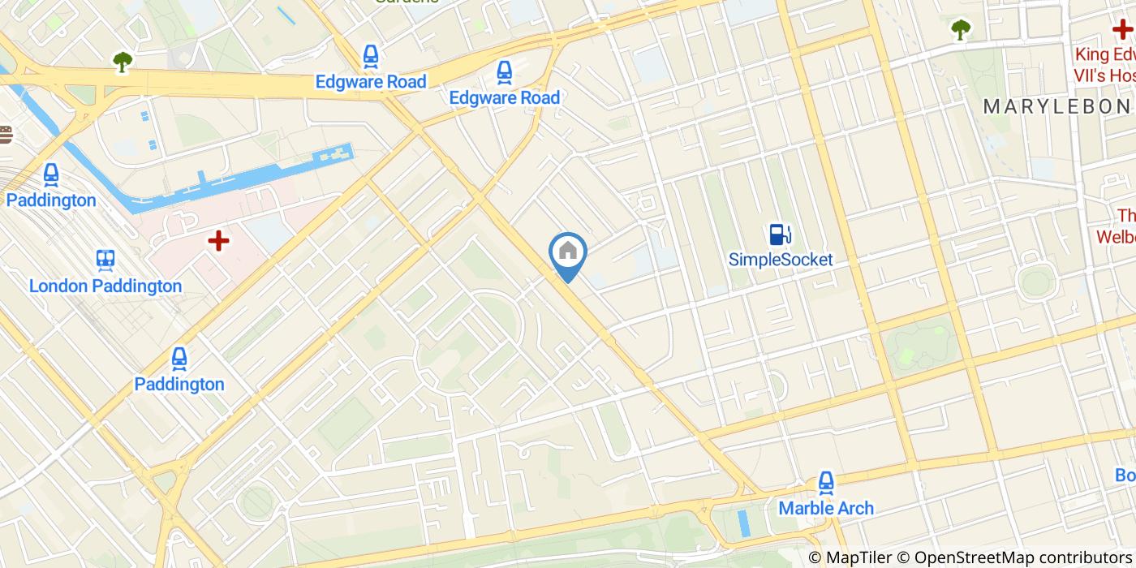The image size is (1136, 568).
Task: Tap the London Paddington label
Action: (x=105, y=286)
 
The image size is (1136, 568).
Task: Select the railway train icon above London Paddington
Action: (x=105, y=259)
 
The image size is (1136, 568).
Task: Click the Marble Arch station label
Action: (x=826, y=508)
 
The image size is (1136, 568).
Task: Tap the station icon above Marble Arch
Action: (x=826, y=482)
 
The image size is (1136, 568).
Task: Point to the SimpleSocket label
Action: (x=781, y=260)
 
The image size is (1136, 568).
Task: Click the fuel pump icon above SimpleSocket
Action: (x=781, y=235)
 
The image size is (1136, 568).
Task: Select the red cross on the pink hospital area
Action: (x=218, y=240)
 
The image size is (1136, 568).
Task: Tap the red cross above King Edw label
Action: (x=1122, y=29)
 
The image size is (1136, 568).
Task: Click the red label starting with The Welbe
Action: (x=1118, y=226)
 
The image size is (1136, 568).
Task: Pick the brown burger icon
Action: (x=5, y=135)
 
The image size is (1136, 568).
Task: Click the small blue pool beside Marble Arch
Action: (x=744, y=523)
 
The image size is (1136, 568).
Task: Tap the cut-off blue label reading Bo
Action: (x=1125, y=475)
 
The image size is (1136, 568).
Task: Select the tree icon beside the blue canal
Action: (x=123, y=61)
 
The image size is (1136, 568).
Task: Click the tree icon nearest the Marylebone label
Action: (x=961, y=29)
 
